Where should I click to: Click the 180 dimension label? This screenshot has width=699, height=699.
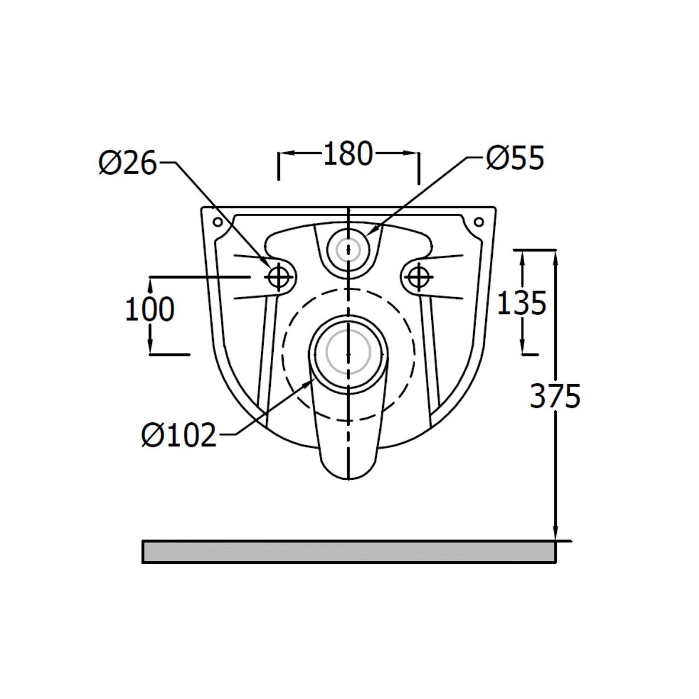point(348,153)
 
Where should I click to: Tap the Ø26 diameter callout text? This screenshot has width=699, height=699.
point(128,163)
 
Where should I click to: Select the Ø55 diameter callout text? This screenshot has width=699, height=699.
point(515,158)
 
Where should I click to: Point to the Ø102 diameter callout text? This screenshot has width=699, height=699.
point(179,435)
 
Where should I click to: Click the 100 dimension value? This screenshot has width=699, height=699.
point(150,309)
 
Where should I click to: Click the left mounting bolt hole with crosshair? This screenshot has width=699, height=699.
point(278,277)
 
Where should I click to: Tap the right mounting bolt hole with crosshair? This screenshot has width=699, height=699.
point(418,277)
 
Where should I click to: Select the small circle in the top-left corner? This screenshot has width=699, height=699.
point(218,221)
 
